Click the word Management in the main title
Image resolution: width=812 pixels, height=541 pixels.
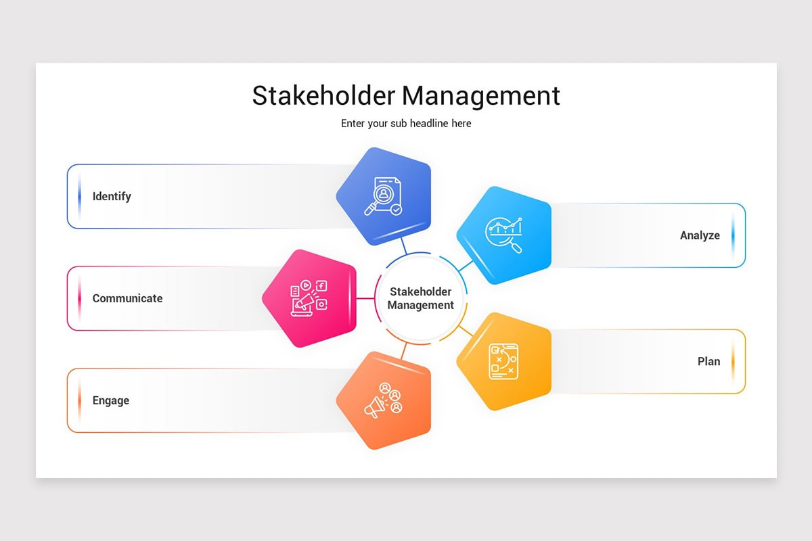coord(483,95)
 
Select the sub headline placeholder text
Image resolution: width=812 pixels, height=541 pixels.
coord(406,124)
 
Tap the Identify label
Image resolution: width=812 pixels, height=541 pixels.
coord(112,196)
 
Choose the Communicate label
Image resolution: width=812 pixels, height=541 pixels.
coord(127,298)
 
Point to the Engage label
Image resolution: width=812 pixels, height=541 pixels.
coord(110,400)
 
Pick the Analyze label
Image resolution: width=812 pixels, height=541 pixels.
coord(700,235)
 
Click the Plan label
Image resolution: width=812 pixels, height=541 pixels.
coord(708,361)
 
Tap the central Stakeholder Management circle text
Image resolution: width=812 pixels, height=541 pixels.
coord(421,298)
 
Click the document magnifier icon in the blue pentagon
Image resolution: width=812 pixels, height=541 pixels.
coord(383,196)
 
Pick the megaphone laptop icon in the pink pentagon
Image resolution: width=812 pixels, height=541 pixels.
coord(309,298)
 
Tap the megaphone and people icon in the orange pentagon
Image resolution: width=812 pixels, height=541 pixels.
coord(384,400)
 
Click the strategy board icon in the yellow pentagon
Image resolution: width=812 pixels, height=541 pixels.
coord(503,361)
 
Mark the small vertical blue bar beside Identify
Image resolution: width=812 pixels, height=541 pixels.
coord(79,196)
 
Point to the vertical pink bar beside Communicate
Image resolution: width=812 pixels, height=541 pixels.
coord(79,298)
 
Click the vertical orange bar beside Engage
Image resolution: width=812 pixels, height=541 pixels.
coord(79,400)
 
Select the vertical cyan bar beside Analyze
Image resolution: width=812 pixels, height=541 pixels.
coord(733,235)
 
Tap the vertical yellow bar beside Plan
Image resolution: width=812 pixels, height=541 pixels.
coord(733,361)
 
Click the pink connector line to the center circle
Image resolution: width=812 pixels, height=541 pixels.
coord(365,298)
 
